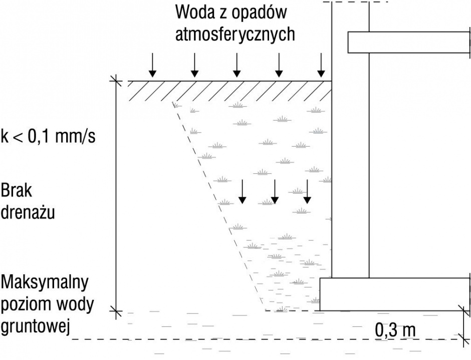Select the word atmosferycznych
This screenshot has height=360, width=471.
235,34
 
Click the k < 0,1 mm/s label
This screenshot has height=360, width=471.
48,136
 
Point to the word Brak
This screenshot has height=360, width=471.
16,190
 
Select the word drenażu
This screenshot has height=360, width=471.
28,212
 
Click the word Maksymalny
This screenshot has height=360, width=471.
45,282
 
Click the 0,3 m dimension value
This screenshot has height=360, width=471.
395,330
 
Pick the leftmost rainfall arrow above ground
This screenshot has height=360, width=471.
153,65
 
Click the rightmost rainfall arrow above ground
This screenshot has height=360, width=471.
321,65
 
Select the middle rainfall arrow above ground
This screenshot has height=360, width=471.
237,65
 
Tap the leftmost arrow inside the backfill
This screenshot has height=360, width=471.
242,192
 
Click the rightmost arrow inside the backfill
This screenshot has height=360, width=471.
307,192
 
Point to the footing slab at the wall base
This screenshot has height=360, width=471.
394,294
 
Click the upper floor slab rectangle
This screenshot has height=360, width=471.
408,43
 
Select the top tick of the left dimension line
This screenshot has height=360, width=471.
116,81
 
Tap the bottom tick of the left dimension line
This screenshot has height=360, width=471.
116,310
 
